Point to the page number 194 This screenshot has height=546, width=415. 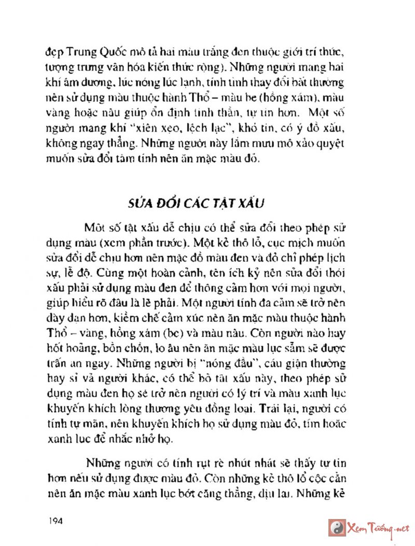tap(54, 521)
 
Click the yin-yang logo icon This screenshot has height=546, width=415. tap(338, 527)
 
